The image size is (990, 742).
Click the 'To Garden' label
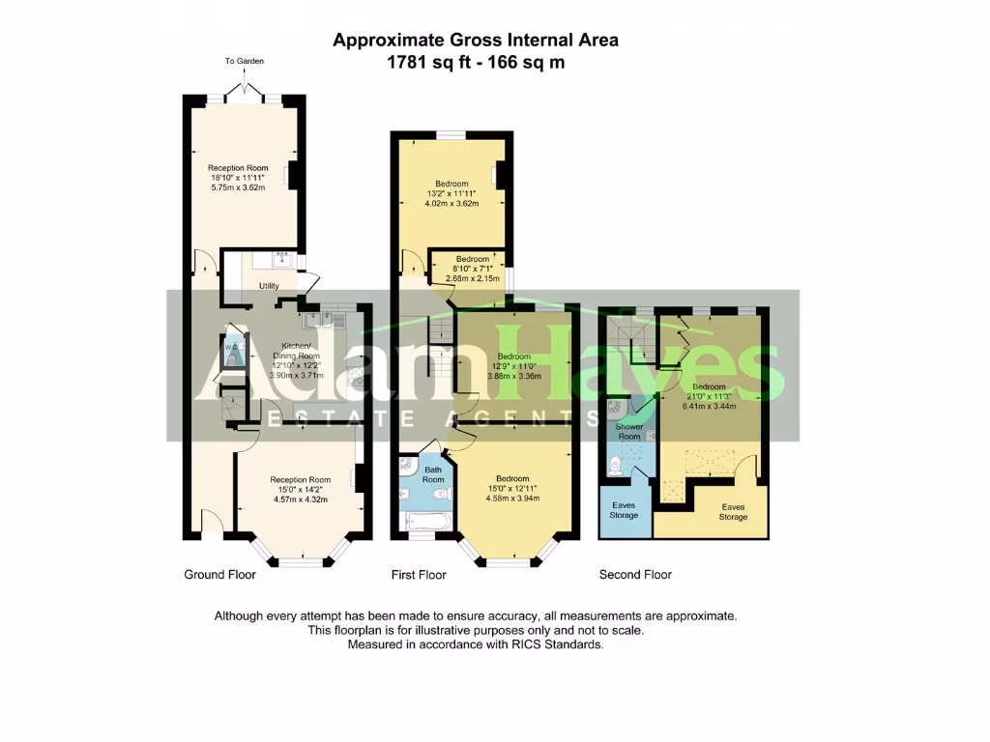(x=244, y=61)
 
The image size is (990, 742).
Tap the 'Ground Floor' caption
(x=219, y=575)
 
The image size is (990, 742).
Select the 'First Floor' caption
(x=419, y=575)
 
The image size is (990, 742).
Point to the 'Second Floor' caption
(x=635, y=575)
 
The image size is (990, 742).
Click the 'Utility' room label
(x=268, y=286)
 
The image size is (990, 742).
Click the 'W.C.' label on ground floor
(x=231, y=347)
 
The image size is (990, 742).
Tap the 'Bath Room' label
(x=432, y=474)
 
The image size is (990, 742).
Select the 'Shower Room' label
(x=629, y=431)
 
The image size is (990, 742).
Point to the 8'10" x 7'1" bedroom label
(x=473, y=259)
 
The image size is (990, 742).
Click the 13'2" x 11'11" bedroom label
(x=451, y=184)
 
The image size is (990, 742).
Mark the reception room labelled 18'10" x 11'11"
(x=237, y=168)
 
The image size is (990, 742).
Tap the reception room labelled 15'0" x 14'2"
(x=300, y=480)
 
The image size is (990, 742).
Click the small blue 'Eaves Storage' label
(x=624, y=510)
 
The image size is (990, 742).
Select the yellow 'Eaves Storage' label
(x=733, y=511)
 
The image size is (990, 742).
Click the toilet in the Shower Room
(x=615, y=467)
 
